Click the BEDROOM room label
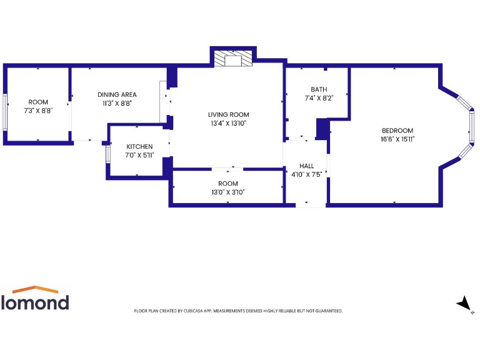tap(397, 130)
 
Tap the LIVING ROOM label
tap(228, 114)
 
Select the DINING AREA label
tap(117, 94)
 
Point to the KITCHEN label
tap(139, 146)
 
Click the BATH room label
tap(319, 89)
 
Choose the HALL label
tap(306, 166)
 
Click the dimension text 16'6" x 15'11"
tap(397, 139)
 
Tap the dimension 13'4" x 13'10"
tap(228, 123)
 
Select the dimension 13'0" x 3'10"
tap(228, 192)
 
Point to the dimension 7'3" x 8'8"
tap(38, 111)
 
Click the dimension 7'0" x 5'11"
tap(139, 155)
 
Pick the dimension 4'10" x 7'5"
tap(306, 174)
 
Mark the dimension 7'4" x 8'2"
tap(319, 98)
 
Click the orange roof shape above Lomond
tap(35, 290)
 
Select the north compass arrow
tap(464, 304)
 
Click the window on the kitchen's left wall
tap(107, 153)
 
